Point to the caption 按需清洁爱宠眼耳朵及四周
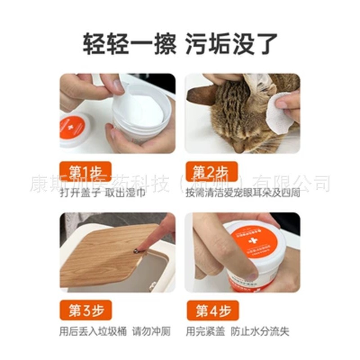(x=243, y=193)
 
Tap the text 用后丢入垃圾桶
(x=93, y=332)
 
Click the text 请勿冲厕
(x=152, y=332)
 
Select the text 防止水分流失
(x=260, y=332)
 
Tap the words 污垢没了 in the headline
(x=231, y=44)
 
